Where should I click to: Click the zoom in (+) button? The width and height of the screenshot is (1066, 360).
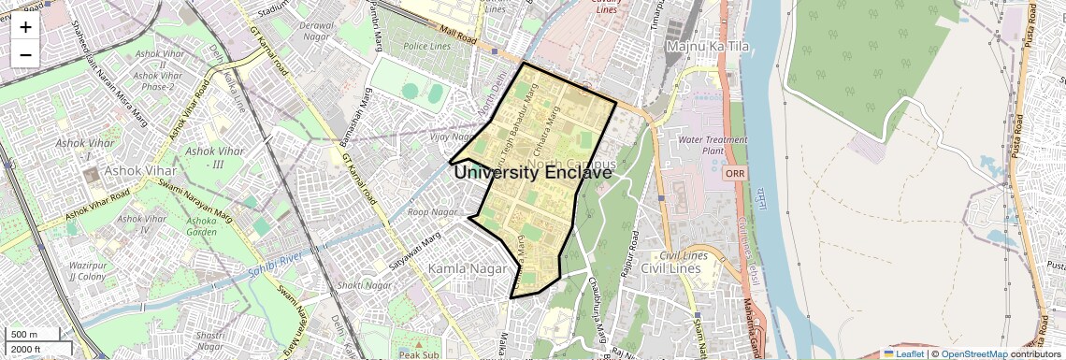click(25, 27)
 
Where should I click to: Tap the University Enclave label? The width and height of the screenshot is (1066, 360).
click(533, 173)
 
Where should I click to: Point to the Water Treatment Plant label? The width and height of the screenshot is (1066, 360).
click(713, 145)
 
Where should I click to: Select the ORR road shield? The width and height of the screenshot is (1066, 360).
click(734, 173)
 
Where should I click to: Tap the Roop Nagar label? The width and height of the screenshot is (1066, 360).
click(431, 212)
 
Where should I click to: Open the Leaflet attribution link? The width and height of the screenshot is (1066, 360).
click(903, 354)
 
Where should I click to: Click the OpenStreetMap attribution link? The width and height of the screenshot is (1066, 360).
click(973, 354)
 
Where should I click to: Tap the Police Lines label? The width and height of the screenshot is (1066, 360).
click(426, 46)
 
